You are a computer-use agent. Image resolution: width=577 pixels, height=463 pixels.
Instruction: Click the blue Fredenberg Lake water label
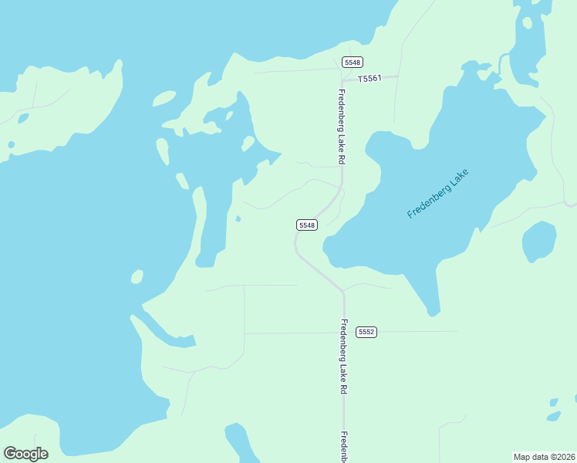(437, 193)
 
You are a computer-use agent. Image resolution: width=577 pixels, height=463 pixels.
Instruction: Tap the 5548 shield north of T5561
(353, 62)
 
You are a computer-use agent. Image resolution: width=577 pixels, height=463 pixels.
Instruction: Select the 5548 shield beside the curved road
(307, 225)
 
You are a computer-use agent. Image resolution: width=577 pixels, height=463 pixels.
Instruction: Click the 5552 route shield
(366, 332)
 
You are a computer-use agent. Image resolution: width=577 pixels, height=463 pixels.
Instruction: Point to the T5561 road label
(369, 78)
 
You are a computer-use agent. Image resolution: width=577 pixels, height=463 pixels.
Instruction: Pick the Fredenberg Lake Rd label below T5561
(340, 127)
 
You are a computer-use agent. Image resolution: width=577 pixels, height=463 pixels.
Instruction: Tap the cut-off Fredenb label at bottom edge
(344, 446)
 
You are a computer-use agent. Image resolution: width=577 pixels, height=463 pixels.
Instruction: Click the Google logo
(25, 454)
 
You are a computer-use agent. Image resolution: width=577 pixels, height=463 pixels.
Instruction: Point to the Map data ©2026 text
(545, 457)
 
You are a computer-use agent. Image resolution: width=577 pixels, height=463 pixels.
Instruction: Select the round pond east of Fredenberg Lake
(539, 242)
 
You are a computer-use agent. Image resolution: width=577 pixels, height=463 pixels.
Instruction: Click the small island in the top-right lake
(528, 22)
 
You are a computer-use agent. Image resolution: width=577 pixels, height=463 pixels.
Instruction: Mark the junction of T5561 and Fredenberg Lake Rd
(342, 79)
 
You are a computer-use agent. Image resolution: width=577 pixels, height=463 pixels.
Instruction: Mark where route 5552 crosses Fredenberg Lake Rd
(344, 333)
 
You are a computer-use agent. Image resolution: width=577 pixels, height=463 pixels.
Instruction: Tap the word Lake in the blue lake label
(456, 180)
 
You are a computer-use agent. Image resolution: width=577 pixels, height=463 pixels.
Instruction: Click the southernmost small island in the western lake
(137, 276)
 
